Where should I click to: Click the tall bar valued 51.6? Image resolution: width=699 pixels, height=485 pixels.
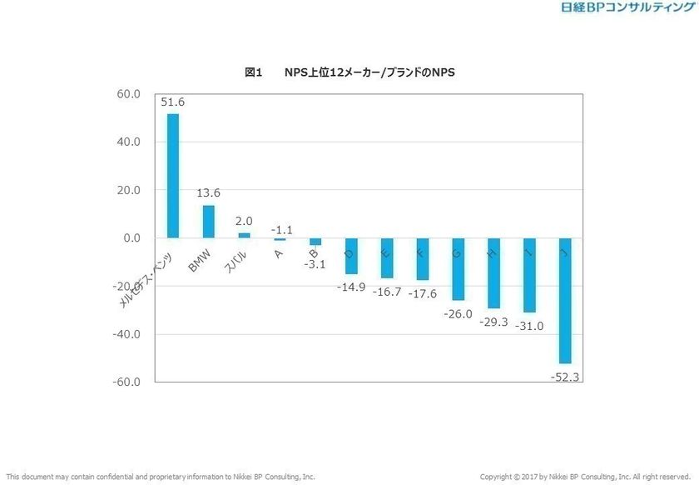pyautogui.click(x=173, y=175)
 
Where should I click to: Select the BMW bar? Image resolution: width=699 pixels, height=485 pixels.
pyautogui.click(x=209, y=222)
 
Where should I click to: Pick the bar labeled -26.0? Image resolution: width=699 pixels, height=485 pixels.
pyautogui.click(x=458, y=269)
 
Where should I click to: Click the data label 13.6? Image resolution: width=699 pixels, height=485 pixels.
pyautogui.click(x=209, y=193)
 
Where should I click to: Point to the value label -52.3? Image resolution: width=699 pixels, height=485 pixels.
pyautogui.click(x=566, y=377)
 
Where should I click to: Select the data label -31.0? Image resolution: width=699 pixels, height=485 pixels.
pyautogui.click(x=529, y=326)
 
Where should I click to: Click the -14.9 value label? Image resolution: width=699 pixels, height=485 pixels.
pyautogui.click(x=351, y=287)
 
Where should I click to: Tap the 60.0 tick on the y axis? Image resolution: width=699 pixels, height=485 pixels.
pyautogui.click(x=128, y=94)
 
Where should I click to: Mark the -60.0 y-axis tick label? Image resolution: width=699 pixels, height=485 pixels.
pyautogui.click(x=126, y=382)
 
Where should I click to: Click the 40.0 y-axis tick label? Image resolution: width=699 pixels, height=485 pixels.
pyautogui.click(x=128, y=142)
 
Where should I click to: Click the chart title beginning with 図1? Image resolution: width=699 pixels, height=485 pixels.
pyautogui.click(x=349, y=73)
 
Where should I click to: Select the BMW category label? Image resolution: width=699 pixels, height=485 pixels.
pyautogui.click(x=200, y=260)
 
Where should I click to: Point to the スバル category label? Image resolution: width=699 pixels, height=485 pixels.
pyautogui.click(x=235, y=262)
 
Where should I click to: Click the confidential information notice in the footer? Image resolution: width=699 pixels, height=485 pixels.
pyautogui.click(x=161, y=477)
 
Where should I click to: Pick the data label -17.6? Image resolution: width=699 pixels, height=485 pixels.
pyautogui.click(x=422, y=293)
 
